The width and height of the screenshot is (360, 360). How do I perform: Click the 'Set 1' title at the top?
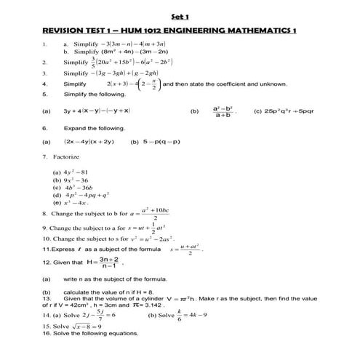(x=179, y=16)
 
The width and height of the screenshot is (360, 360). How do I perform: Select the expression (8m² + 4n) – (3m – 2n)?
(x=127, y=52)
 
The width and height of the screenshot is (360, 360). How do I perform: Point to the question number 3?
(x=44, y=73)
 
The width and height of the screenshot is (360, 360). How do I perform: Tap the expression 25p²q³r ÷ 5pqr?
(x=284, y=111)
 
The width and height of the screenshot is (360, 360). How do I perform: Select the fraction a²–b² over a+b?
(x=222, y=111)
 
